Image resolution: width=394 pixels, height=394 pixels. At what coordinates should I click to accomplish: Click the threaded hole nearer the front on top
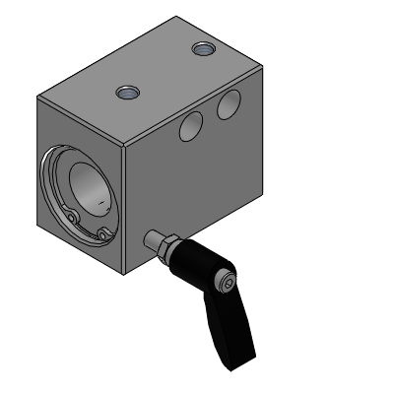127,93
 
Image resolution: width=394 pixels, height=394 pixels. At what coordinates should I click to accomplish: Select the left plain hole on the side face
191,125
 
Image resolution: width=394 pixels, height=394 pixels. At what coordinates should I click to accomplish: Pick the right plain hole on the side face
230,102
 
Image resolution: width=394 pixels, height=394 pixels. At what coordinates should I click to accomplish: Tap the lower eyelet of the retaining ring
103,234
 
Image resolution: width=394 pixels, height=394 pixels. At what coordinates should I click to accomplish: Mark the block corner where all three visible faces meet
123,145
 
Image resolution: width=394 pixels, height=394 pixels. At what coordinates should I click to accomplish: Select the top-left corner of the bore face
36,97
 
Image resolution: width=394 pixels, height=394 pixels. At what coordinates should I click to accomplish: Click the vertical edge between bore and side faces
124,207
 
